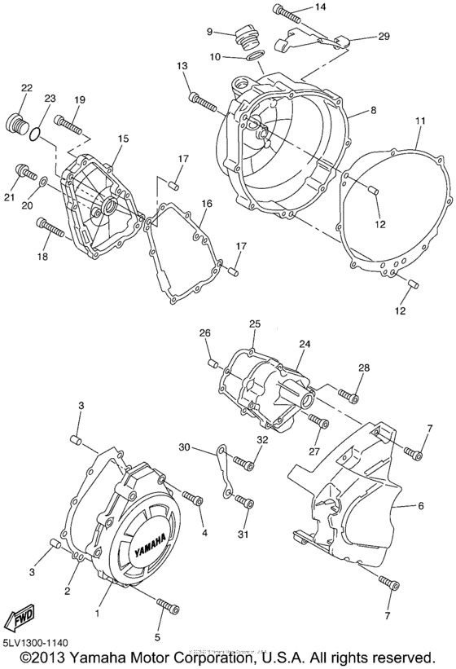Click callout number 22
point(26,88)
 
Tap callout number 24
point(305,344)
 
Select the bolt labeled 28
point(350,397)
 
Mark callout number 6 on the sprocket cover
point(421,506)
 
